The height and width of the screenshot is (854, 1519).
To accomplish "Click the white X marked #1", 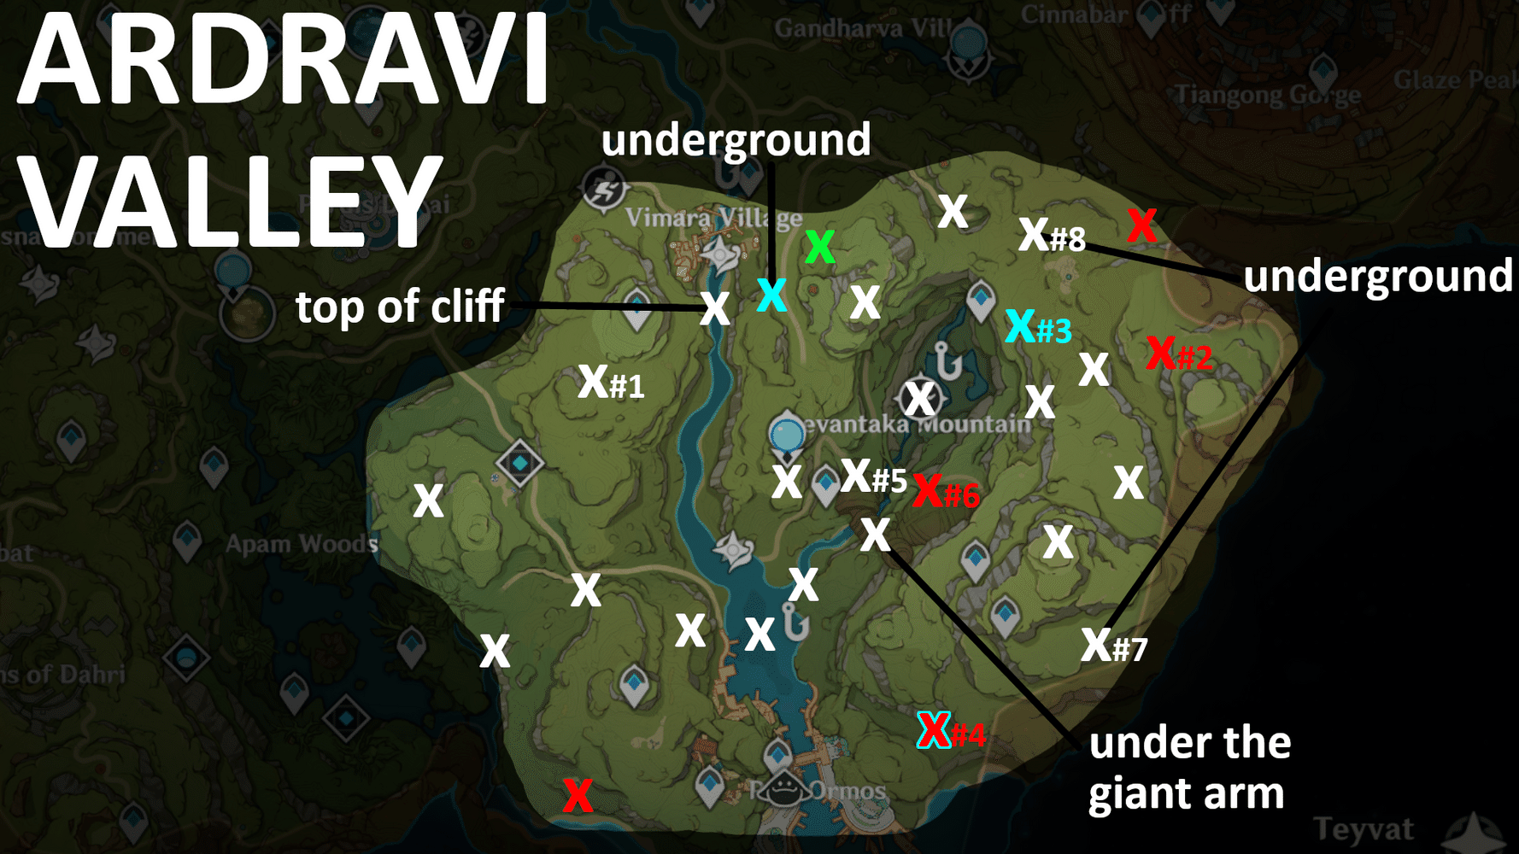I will [592, 381].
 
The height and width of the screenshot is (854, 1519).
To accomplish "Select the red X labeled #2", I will [1161, 352].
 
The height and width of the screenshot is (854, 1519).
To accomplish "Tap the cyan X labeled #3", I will [1020, 325].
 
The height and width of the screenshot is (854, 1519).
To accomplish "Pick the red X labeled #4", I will [934, 730].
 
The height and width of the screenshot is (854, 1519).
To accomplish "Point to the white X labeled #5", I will [856, 476].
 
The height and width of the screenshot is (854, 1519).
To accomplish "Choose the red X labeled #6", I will [928, 490].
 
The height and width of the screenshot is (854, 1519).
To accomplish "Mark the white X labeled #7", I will [1095, 644].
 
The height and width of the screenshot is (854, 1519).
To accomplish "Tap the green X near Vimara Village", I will [819, 247].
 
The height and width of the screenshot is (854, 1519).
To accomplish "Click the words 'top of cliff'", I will [400, 307].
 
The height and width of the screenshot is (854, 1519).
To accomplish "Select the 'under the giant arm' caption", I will [1188, 768].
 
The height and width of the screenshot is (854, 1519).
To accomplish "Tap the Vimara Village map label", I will [713, 218].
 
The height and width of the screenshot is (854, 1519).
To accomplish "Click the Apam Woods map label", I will [301, 544].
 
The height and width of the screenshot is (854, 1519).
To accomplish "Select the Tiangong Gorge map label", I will [1267, 94].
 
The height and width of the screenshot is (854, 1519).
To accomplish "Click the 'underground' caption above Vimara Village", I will [736, 140].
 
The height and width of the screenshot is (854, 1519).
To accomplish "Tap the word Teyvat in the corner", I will [1364, 828].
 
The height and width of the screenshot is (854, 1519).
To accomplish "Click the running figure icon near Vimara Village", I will [604, 189].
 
